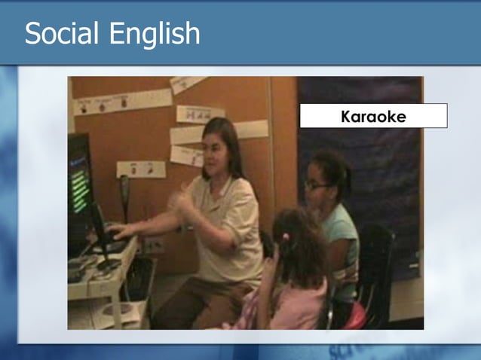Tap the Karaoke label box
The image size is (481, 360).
pyautogui.click(x=373, y=116)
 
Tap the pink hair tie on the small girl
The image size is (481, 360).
pyautogui.click(x=286, y=236)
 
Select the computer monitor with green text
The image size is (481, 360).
pyautogui.click(x=80, y=181)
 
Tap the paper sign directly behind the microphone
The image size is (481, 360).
pyautogui.click(x=140, y=169)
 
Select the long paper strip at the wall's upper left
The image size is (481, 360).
pyautogui.click(x=124, y=102)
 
